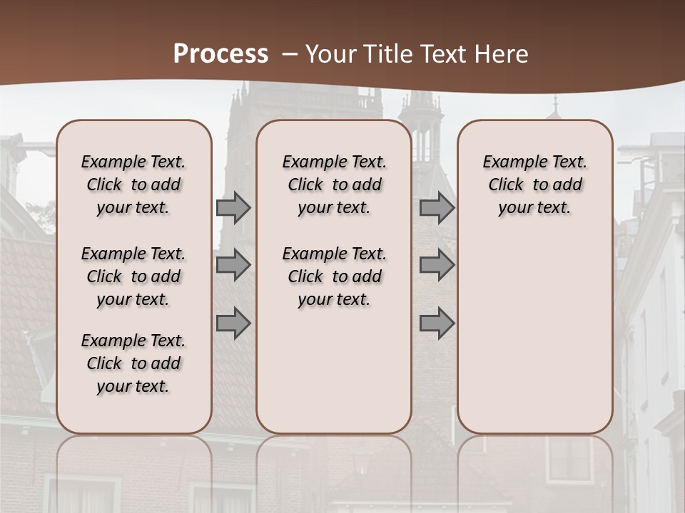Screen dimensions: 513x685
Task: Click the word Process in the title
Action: [x=220, y=54]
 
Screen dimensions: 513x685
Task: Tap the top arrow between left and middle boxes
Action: [x=233, y=208]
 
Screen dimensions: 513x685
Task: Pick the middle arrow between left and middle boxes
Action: [x=233, y=265]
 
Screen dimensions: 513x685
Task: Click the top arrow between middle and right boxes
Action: [x=437, y=208]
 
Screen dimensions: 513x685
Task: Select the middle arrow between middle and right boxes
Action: [x=437, y=265]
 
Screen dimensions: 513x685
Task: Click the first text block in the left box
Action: [x=133, y=185]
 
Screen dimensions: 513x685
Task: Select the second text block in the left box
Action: [x=133, y=276]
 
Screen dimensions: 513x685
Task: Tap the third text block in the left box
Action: [x=133, y=363]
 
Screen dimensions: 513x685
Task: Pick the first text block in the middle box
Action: [x=334, y=185]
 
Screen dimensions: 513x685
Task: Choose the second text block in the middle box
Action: [x=334, y=276]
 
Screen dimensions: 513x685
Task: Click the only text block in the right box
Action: [x=534, y=185]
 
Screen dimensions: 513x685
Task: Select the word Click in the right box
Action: [x=506, y=185]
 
